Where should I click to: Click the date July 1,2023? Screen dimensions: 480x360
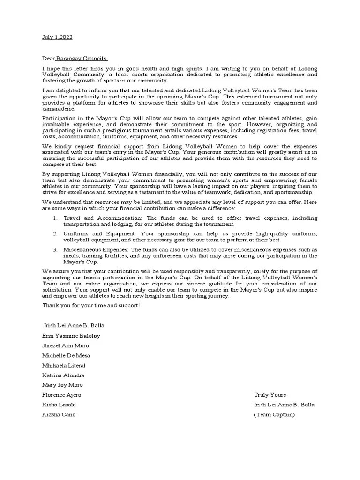pos(57,37)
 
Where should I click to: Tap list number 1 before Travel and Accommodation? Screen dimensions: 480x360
pos(55,218)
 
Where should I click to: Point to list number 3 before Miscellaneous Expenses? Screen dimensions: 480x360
pos(55,249)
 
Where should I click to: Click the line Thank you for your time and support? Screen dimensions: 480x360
pos(91,306)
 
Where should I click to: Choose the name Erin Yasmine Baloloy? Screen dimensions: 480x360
pos(71,336)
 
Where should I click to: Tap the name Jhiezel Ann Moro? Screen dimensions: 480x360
pos(66,345)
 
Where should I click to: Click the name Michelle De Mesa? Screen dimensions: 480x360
pos(66,355)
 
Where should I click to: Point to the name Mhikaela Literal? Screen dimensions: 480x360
pos(64,365)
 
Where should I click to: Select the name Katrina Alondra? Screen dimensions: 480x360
pos(63,375)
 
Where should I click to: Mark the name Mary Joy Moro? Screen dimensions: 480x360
pos(62,385)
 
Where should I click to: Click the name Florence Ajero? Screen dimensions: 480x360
pos(61,395)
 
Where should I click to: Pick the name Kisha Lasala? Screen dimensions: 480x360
pos(59,405)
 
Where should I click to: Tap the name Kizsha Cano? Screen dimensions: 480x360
pos(59,414)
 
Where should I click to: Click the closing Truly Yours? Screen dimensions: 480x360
pos(270,395)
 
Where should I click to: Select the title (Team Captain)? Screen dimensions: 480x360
pos(274,414)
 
